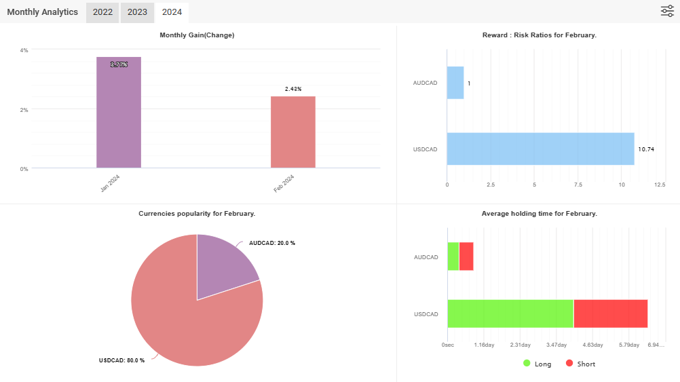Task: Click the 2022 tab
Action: [102, 12]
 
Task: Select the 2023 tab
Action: [137, 12]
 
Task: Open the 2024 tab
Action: [172, 12]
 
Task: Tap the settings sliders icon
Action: [667, 12]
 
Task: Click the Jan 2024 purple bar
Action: [119, 113]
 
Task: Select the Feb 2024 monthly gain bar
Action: [293, 132]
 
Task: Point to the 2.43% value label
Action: [293, 89]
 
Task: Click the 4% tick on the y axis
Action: [24, 50]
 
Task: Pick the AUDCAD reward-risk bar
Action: [455, 83]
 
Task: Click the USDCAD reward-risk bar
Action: [541, 149]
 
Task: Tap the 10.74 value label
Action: [646, 149]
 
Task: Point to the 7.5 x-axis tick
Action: [578, 185]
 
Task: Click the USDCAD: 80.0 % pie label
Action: [122, 360]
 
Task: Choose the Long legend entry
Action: [537, 364]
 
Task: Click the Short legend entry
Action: [581, 364]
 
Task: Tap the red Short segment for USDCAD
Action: [611, 313]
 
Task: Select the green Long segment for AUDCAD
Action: [453, 256]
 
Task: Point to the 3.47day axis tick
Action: [556, 345]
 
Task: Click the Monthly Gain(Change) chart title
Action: [197, 35]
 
